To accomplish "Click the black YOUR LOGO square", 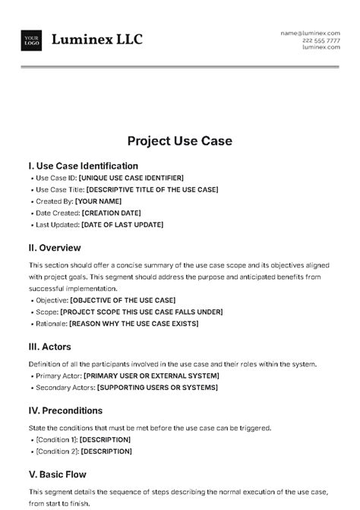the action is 32,40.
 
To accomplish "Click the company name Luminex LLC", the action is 96,40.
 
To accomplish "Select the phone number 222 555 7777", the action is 321,40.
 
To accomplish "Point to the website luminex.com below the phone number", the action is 321,47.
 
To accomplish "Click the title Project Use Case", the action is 179,141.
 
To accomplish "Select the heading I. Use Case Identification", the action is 83,166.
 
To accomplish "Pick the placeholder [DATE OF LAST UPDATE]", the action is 122,225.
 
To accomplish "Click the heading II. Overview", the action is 54,248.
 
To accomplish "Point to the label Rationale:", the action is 51,323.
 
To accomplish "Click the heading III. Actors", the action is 49,347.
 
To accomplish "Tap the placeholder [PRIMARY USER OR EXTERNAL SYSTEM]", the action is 151,375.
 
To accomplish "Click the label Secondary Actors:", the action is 65,388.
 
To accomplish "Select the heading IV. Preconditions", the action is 65,410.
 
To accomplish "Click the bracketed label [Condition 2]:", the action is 56,451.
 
